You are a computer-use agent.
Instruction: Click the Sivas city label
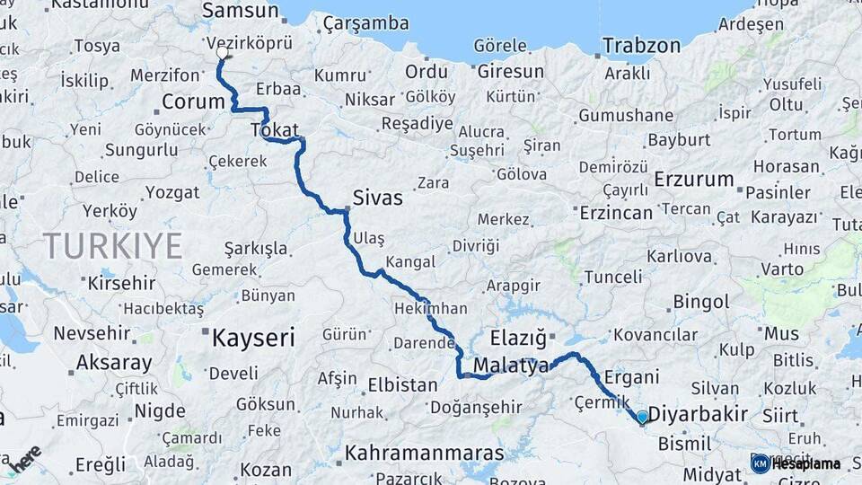pyautogui.click(x=378, y=198)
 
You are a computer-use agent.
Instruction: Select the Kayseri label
pyautogui.click(x=253, y=338)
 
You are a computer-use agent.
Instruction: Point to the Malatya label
pyautogui.click(x=511, y=366)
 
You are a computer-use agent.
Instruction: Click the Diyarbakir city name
pyautogui.click(x=698, y=414)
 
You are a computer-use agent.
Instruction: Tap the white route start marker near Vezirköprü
pyautogui.click(x=222, y=53)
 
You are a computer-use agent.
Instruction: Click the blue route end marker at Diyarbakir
pyautogui.click(x=642, y=417)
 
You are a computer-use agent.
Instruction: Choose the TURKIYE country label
pyautogui.click(x=113, y=245)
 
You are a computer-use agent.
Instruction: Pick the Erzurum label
pyautogui.click(x=694, y=179)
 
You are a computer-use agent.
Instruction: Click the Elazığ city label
pyautogui.click(x=518, y=339)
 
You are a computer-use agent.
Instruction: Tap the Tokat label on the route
pyautogui.click(x=274, y=130)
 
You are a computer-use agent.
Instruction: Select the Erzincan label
pyautogui.click(x=616, y=213)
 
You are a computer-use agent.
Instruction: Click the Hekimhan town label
pyautogui.click(x=430, y=308)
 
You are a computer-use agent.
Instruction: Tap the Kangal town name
pyautogui.click(x=409, y=262)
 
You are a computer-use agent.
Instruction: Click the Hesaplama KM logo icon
pyautogui.click(x=761, y=463)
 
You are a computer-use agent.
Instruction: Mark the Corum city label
pyautogui.click(x=192, y=101)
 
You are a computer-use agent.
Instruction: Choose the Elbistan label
pyautogui.click(x=402, y=385)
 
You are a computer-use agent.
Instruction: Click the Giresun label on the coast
pyautogui.click(x=510, y=71)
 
